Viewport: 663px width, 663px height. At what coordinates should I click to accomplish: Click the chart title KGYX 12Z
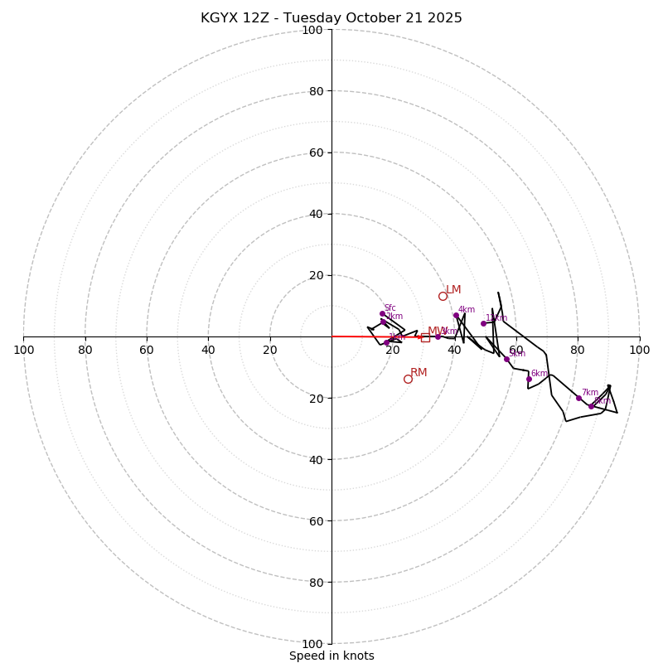pos(331,18)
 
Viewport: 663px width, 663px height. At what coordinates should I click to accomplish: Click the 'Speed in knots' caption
pos(331,656)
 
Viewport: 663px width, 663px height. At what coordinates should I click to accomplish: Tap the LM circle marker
pos(443,296)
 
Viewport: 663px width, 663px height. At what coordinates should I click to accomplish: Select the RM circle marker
pos(408,379)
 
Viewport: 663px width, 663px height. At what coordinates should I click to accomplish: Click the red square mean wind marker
pos(425,337)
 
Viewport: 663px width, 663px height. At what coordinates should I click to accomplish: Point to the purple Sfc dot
pos(382,313)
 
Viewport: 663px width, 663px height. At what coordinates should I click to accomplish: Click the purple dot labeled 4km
pos(456,315)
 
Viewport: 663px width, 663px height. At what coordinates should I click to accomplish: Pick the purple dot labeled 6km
pos(529,379)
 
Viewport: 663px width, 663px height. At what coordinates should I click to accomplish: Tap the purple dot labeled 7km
pos(578,398)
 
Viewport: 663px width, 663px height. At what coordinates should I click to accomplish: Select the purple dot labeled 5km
pos(506,359)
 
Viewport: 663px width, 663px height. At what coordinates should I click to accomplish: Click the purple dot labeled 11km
pos(483,323)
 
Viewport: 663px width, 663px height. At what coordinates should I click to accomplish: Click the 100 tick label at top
pos(312,30)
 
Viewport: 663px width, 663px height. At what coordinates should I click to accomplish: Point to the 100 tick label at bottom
pos(312,644)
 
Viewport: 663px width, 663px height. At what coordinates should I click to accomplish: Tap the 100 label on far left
pos(23,350)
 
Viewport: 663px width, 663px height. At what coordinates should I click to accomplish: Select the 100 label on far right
pos(639,350)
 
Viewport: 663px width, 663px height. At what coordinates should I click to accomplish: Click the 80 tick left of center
pos(85,350)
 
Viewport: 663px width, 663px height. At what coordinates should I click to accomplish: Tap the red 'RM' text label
pos(419,373)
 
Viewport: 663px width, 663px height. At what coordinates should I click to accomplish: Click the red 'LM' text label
pos(453,289)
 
